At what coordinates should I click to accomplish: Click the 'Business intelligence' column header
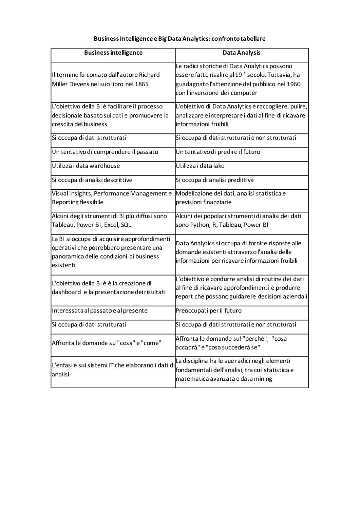coord(113,53)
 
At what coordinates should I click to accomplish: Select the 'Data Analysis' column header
coord(242,53)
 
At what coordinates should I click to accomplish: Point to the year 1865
coord(142,84)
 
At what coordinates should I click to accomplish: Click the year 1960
coord(294,84)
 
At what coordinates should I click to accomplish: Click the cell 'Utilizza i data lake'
coord(200,166)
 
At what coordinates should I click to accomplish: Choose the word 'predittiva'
coord(241,180)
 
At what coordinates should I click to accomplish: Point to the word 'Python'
coord(200,225)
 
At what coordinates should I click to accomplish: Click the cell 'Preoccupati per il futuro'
coord(209,310)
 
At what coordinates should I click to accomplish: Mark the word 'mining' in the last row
coord(263,379)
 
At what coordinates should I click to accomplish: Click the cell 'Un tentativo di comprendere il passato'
coord(105,152)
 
